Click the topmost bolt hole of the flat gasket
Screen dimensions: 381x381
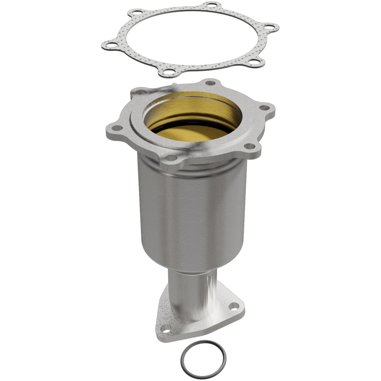click(x=210, y=4)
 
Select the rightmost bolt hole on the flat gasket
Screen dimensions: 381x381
click(x=269, y=26)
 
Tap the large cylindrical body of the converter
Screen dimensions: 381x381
click(x=192, y=216)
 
